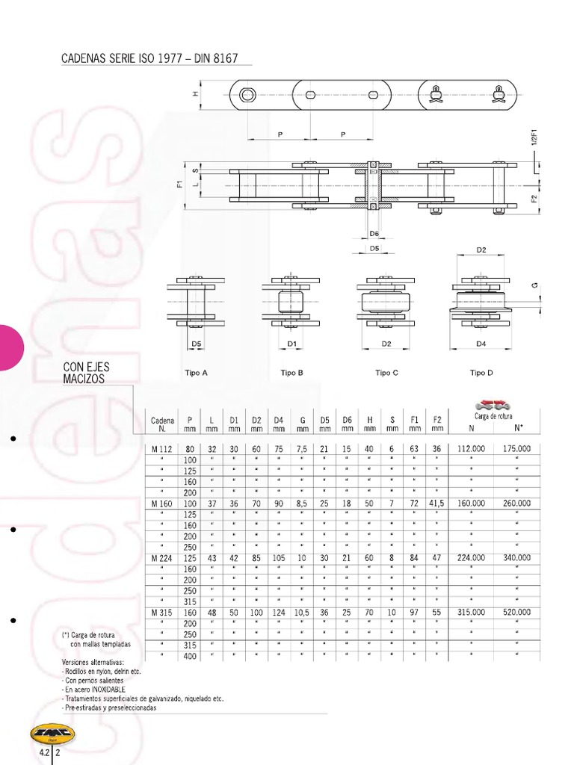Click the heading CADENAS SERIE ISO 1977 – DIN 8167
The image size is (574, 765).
[149, 58]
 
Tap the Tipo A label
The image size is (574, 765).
[196, 373]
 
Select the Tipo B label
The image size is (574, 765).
[291, 373]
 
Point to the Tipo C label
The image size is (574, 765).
[386, 373]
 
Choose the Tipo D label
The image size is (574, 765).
[481, 373]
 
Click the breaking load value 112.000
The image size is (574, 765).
[471, 449]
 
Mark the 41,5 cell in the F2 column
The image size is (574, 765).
[436, 504]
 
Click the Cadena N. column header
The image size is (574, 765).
[162, 424]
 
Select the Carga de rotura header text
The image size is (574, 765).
[493, 416]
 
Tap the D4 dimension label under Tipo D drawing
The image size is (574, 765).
[481, 344]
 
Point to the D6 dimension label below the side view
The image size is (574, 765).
[374, 234]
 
